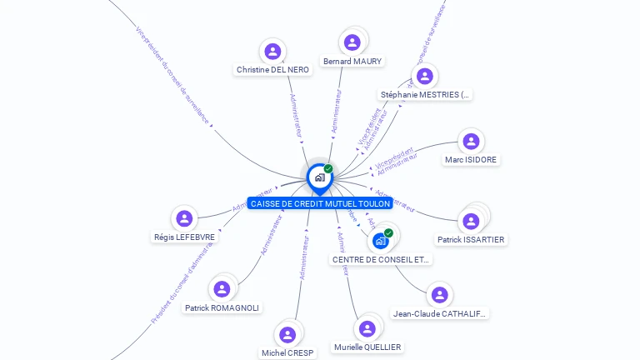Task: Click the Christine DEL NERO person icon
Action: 272,52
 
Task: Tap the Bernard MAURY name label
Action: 352,61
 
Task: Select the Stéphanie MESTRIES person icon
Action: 425,77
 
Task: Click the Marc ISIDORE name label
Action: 471,159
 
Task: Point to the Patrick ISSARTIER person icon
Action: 471,221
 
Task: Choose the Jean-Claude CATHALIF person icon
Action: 440,295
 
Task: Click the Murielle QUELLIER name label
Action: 367,347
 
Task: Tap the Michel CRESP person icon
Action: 287,335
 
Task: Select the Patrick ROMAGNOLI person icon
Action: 222,289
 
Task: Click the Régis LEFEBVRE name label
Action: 184,237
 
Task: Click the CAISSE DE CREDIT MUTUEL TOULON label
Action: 320,203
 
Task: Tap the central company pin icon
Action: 319,177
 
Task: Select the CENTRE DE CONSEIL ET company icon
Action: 381,241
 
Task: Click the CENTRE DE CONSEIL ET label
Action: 381,259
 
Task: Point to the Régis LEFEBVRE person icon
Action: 184,218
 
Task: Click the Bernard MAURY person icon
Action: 352,42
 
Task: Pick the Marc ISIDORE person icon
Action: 471,142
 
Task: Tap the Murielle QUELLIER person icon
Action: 367,329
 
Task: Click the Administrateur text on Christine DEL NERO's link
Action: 296,116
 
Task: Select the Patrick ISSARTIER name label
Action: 471,239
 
